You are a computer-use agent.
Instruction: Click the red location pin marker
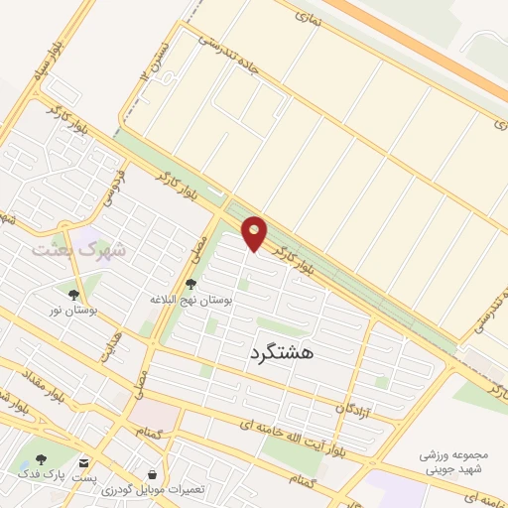(x=256, y=234)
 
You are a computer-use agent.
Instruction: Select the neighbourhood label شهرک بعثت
(x=79, y=248)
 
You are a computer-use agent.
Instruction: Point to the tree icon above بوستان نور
(x=73, y=294)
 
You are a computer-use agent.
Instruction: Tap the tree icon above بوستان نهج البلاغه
(x=190, y=284)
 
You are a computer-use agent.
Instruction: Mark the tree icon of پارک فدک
(x=41, y=459)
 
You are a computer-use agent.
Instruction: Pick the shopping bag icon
(x=151, y=475)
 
